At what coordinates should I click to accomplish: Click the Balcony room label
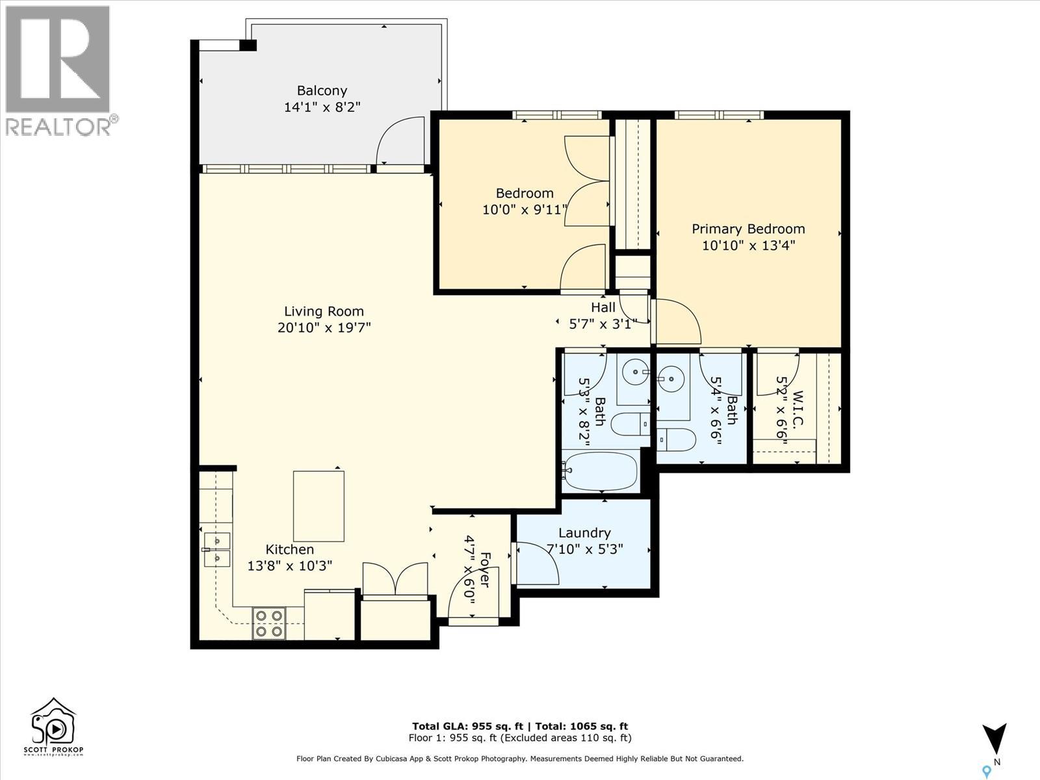click(x=322, y=90)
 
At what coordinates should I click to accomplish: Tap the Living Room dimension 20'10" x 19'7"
click(x=324, y=327)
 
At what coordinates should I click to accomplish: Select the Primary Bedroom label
click(x=748, y=229)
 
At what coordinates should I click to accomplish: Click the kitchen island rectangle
click(x=318, y=506)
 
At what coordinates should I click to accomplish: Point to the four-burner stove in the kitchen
click(x=269, y=623)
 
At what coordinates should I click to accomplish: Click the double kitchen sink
click(x=217, y=549)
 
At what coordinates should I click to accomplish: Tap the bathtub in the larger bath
click(x=601, y=471)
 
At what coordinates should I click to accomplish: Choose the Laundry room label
click(x=584, y=533)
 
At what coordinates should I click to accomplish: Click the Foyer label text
click(x=484, y=570)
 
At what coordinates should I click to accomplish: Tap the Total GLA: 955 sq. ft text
click(x=467, y=726)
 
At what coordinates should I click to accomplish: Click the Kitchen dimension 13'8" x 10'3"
click(x=289, y=565)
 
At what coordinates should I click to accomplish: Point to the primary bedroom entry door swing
click(x=677, y=321)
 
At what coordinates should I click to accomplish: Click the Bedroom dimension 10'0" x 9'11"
click(x=525, y=209)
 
